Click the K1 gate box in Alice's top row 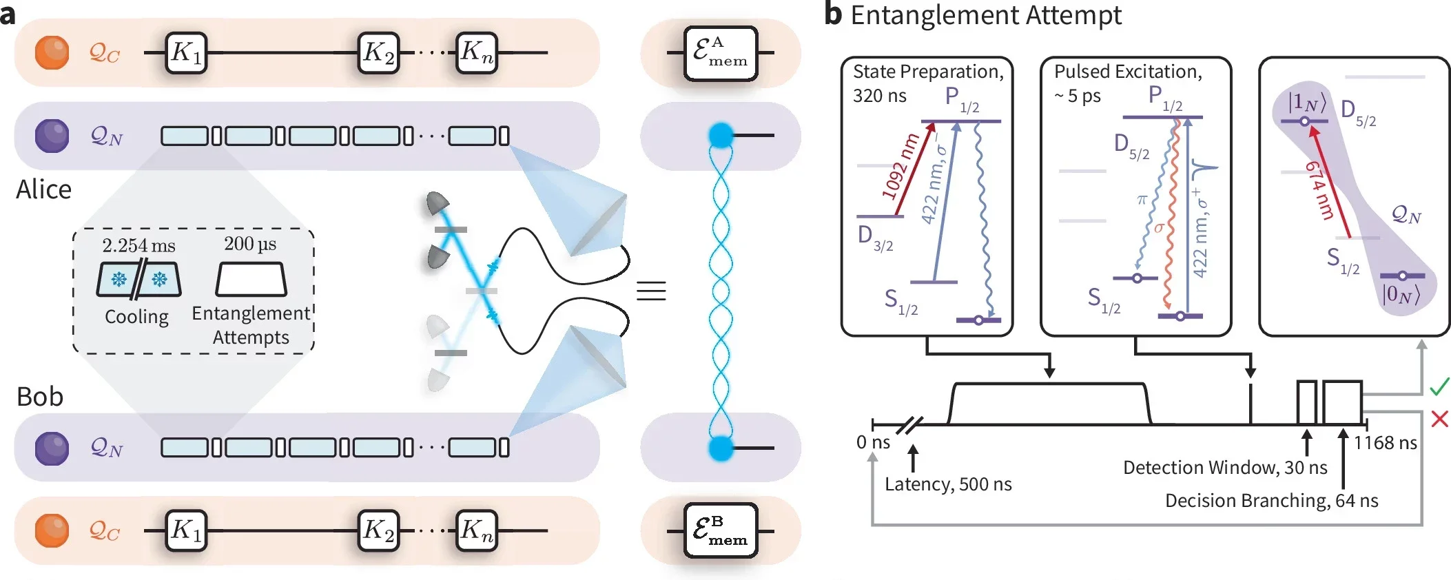(186, 52)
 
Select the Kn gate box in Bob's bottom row (477, 530)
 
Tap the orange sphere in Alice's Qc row (52, 52)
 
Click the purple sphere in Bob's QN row (52, 448)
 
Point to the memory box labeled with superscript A (721, 53)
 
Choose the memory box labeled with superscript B (721, 530)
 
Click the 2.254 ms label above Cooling (138, 245)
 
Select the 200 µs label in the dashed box (250, 244)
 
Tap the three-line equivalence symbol (651, 291)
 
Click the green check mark (1439, 386)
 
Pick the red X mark (1439, 419)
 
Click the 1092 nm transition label (901, 167)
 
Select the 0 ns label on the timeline (873, 442)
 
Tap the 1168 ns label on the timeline (1385, 443)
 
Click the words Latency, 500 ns (948, 484)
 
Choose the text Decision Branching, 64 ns (1271, 501)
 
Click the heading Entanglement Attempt (985, 15)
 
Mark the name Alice (43, 189)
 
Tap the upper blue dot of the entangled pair (721, 135)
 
